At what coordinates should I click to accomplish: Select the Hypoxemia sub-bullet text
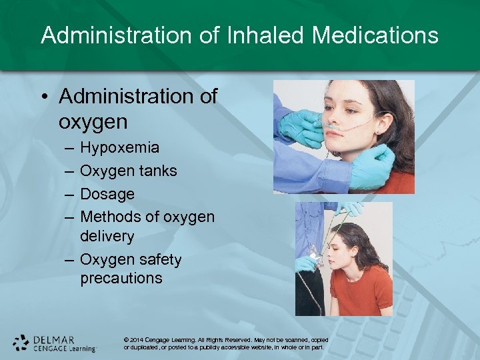coord(119,147)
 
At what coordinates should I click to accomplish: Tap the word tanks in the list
coord(158,171)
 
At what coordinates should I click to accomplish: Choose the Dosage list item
coord(107,194)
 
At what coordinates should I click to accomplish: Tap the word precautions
coord(121,278)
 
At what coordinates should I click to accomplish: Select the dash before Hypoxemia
coord(69,148)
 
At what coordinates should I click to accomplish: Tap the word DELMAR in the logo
coord(55,339)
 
